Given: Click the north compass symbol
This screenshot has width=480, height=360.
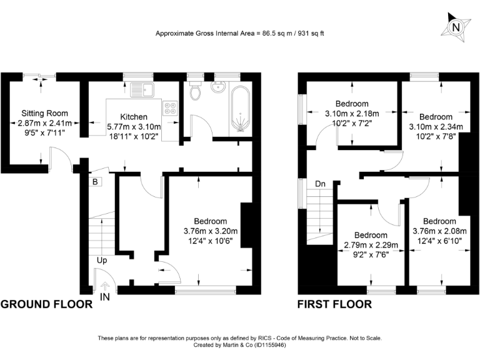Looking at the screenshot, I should [x=456, y=27].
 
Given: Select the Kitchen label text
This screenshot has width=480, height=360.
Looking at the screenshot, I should [x=134, y=117].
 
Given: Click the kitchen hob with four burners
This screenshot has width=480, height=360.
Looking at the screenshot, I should [x=170, y=109].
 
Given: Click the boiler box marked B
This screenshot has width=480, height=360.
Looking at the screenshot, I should [x=95, y=182].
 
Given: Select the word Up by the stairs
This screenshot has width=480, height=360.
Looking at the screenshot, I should [x=102, y=259].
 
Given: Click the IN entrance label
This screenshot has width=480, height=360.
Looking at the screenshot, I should [x=104, y=296].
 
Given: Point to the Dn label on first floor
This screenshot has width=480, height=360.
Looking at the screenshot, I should [x=320, y=184].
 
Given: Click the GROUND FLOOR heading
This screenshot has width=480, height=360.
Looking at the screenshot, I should [x=46, y=305].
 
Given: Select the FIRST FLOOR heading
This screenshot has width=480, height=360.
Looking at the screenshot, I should [x=334, y=305].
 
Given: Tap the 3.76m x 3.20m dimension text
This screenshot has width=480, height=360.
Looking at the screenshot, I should [x=210, y=231].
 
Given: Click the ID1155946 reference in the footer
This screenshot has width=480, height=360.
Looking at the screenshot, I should [x=269, y=345].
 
